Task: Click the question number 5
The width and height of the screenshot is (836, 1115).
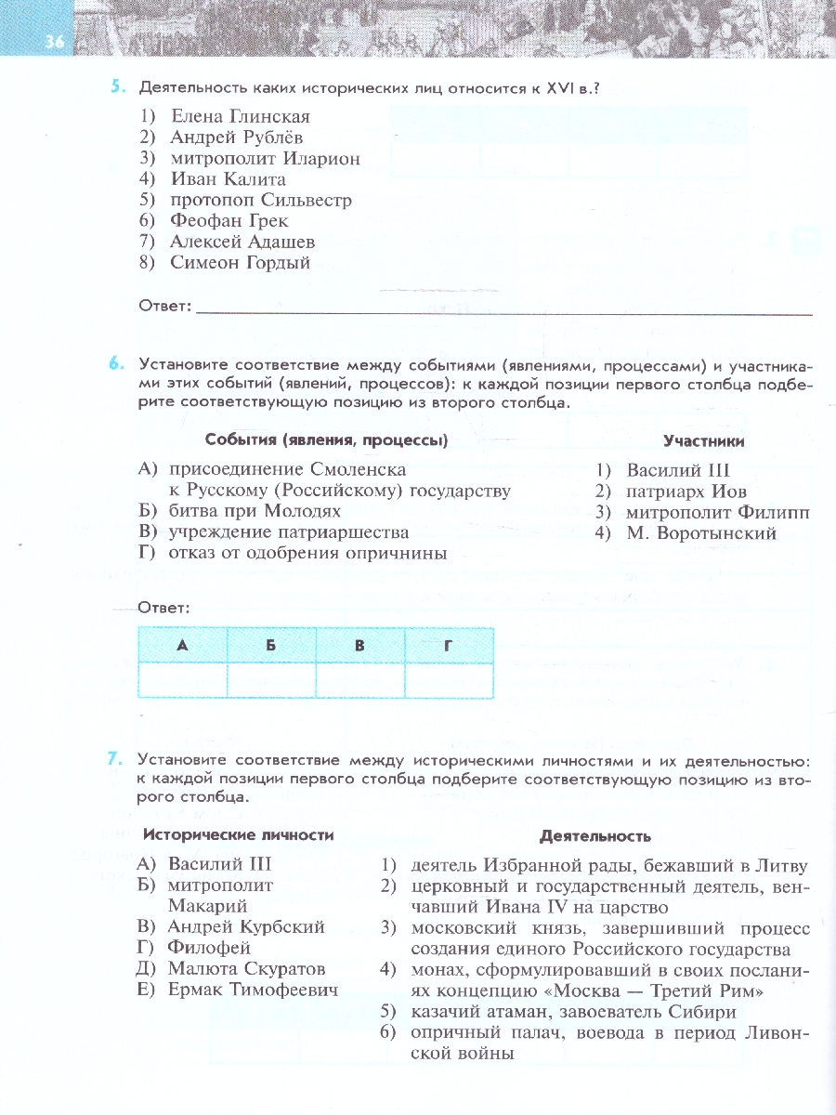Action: point(118,87)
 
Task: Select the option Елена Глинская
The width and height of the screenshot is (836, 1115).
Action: point(240,117)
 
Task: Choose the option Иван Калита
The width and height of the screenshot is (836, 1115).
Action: point(228,179)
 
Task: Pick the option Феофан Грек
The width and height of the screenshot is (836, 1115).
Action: point(229,221)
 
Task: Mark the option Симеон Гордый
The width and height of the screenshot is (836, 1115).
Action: point(240,263)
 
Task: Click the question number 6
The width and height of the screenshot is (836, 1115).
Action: point(118,365)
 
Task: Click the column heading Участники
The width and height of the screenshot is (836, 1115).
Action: point(703,441)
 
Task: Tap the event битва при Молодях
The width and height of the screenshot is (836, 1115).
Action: point(254,511)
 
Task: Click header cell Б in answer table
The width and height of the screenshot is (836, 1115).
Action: point(271,645)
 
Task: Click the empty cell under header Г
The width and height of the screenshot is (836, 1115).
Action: point(449,679)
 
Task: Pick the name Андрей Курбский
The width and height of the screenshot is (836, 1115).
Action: point(245,926)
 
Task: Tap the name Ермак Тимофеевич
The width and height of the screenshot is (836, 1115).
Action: point(253,990)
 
